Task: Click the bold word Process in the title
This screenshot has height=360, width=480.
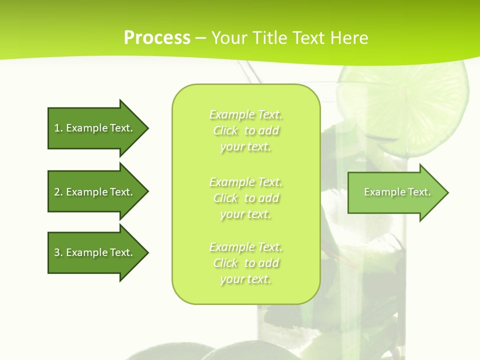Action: tap(157, 37)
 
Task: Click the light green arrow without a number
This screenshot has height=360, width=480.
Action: tap(395, 192)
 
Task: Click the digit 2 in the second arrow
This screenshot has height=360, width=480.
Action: tap(57, 192)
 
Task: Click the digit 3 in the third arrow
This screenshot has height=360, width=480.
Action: tap(57, 252)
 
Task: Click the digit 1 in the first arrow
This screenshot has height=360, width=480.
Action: tap(56, 128)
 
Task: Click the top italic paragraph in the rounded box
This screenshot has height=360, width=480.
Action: tap(246, 130)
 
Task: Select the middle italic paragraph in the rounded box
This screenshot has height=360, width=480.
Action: tap(246, 198)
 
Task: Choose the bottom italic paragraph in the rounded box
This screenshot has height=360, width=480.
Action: tap(246, 263)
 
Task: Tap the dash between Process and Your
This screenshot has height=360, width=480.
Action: tap(200, 38)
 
